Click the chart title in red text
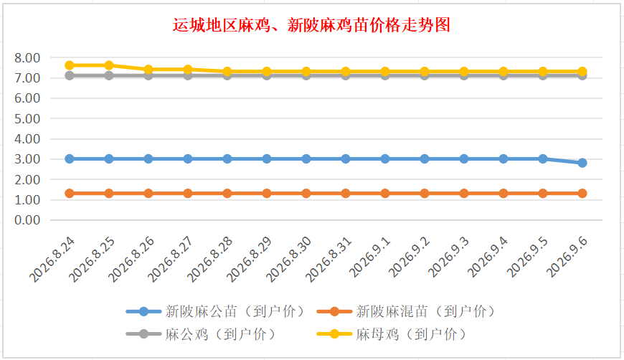point(311,25)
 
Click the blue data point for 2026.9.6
point(582,163)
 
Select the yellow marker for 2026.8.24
point(70,65)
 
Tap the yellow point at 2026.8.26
point(148,70)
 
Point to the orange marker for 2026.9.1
point(385,194)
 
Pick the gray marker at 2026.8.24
point(70,75)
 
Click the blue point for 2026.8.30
point(306,158)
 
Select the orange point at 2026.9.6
point(582,194)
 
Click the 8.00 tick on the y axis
point(27,58)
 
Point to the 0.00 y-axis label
point(27,220)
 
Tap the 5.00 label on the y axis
point(27,119)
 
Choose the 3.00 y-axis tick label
point(27,159)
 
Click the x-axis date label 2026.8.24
point(52,260)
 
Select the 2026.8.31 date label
point(328,260)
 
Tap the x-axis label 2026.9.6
point(567,257)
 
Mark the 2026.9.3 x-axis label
point(448,257)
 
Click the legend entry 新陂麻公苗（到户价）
point(215,311)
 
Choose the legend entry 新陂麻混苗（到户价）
point(406,311)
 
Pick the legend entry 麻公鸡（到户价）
point(201,333)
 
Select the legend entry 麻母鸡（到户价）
point(392,333)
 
